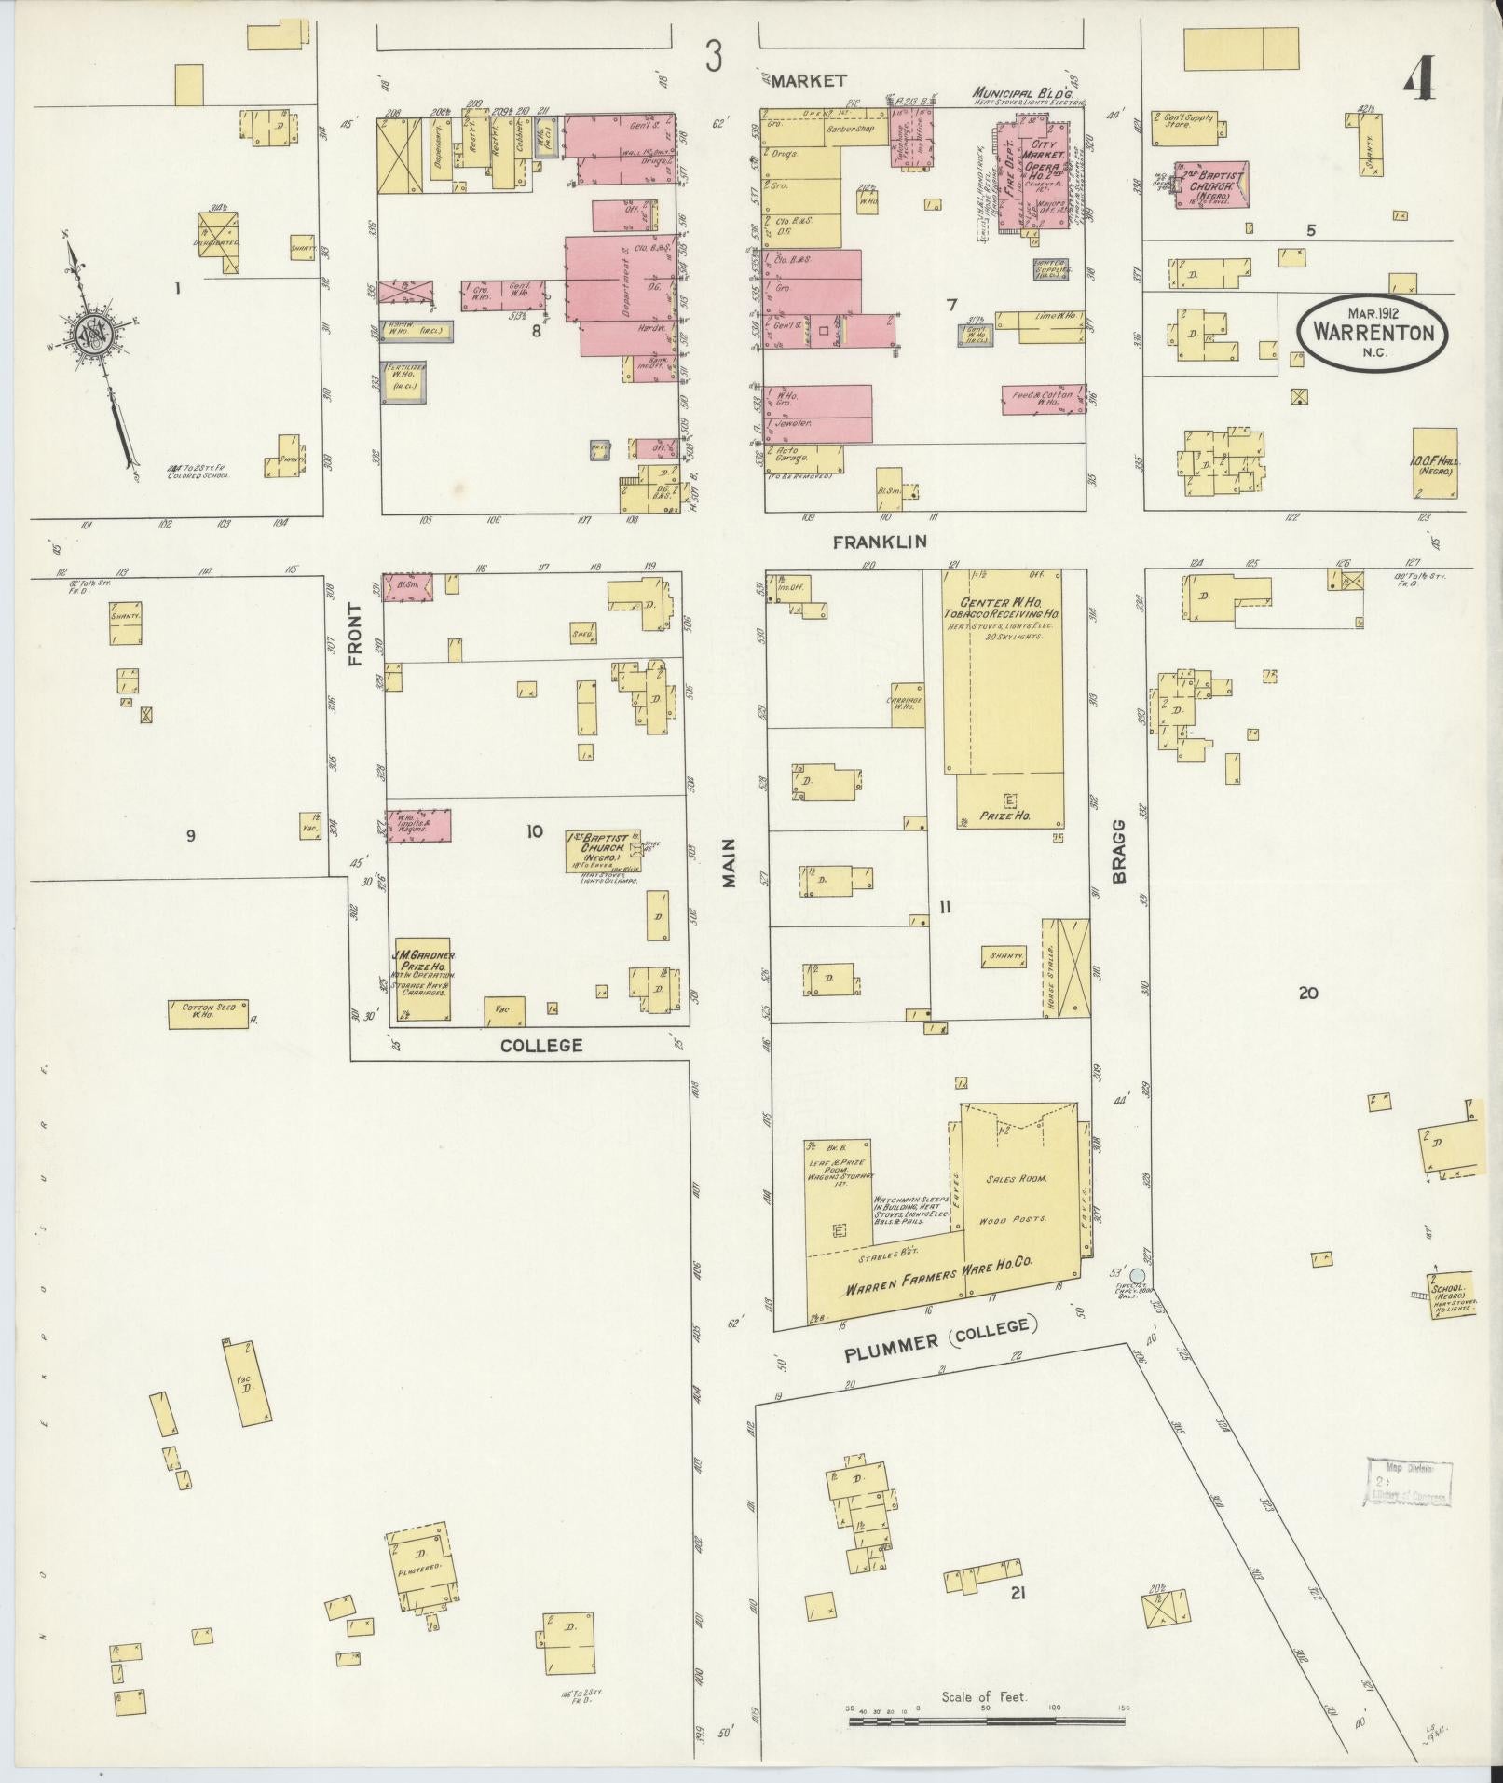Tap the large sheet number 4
[x=1417, y=84]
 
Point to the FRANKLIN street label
[x=881, y=541]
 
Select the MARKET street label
[x=807, y=81]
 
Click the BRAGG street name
[x=1119, y=851]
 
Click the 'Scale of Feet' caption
[x=983, y=1697]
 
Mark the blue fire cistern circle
[x=1137, y=1275]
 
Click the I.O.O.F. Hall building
[x=1434, y=464]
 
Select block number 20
[x=1307, y=994]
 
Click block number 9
[x=190, y=835]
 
